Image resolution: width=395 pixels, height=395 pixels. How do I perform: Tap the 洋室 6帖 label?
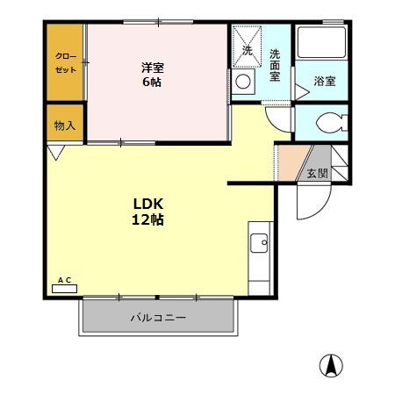152,75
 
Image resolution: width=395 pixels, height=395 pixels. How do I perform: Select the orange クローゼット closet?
66,62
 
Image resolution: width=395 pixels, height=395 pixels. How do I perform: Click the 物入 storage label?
65,126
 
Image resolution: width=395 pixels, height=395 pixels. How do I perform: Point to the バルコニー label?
158,318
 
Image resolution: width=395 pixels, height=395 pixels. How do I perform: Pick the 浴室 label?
325,82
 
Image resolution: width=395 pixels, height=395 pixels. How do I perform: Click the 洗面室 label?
275,66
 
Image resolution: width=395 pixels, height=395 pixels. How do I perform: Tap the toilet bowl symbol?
325,122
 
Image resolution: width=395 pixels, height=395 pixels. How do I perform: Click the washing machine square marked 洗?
247,50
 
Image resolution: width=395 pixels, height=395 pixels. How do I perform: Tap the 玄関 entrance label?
317,173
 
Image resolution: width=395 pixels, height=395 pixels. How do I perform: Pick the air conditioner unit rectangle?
65,288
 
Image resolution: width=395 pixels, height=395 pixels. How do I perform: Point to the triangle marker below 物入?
57,153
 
